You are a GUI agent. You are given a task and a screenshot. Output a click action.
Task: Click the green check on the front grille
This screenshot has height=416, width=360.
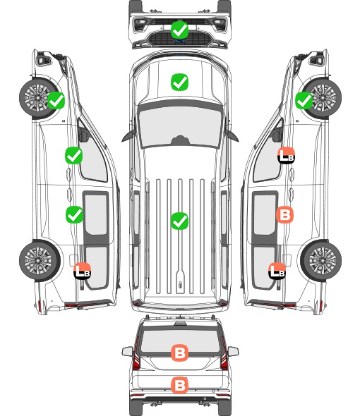click(179, 30)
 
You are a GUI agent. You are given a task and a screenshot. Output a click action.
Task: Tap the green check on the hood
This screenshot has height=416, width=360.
click(179, 82)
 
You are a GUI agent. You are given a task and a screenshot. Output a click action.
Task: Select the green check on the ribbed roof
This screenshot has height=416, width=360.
click(179, 221)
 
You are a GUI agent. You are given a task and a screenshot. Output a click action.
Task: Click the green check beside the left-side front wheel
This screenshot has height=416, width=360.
click(56, 101)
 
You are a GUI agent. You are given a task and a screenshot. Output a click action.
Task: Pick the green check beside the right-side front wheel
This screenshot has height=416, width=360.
click(304, 101)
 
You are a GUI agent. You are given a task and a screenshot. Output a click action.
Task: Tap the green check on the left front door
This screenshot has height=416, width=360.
click(74, 155)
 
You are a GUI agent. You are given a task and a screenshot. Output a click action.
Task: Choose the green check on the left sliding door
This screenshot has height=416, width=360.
click(74, 214)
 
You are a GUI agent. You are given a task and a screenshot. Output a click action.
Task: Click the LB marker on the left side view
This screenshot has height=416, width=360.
click(83, 271)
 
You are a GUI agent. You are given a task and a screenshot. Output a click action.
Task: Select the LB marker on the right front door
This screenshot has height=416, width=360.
click(286, 155)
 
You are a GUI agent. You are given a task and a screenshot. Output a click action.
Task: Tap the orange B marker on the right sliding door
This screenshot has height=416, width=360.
click(284, 214)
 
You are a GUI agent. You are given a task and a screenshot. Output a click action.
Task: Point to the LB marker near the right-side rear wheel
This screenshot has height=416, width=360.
click(277, 271)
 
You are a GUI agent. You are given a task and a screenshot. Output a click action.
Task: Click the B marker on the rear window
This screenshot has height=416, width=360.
click(179, 353)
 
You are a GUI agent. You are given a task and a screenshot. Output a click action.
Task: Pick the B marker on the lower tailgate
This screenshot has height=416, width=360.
click(179, 385)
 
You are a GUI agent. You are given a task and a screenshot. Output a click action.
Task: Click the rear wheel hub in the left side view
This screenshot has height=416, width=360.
click(38, 260)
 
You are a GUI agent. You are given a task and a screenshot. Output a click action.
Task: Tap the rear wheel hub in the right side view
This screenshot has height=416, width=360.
click(323, 260)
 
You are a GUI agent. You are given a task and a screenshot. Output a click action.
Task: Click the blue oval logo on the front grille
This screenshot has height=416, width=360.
click(180, 41)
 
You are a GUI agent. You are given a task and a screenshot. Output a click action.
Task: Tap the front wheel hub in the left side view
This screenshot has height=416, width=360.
click(37, 97)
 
